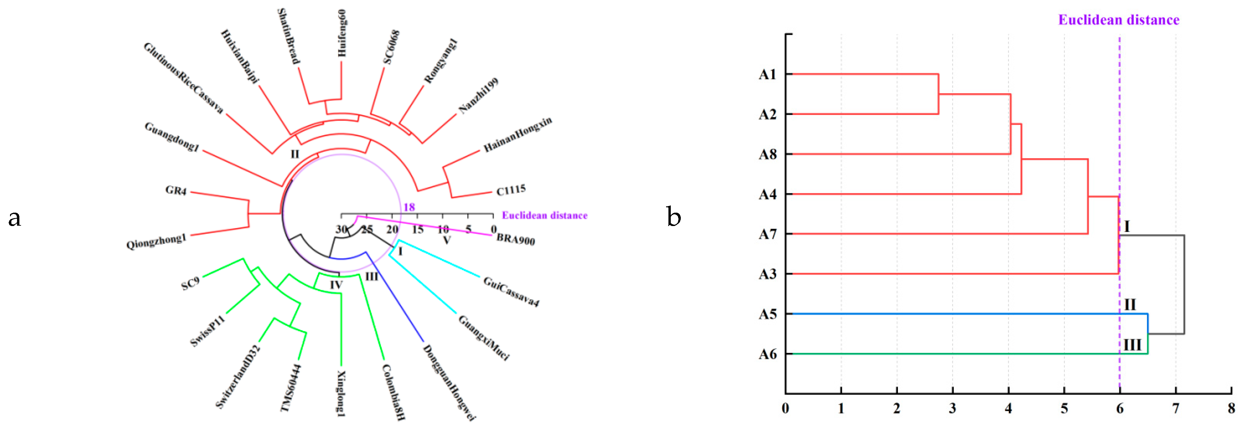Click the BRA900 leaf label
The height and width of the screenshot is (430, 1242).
(515, 239)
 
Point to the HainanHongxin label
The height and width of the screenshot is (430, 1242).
(517, 135)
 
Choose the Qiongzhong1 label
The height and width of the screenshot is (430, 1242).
(156, 241)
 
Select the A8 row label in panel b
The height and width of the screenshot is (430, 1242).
(768, 154)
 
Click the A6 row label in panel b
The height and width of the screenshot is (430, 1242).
(768, 354)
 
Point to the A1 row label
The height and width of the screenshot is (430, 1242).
(768, 74)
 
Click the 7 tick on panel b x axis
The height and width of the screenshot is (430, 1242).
(1176, 409)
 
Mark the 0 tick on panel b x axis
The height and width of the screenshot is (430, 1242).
(785, 409)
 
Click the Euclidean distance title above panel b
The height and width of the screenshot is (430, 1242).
(1119, 20)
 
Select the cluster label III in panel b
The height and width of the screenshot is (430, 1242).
(1132, 345)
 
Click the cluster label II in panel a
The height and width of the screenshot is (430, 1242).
(295, 154)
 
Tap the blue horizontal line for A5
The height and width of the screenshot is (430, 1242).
(964, 314)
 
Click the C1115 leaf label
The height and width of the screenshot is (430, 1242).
(511, 190)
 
